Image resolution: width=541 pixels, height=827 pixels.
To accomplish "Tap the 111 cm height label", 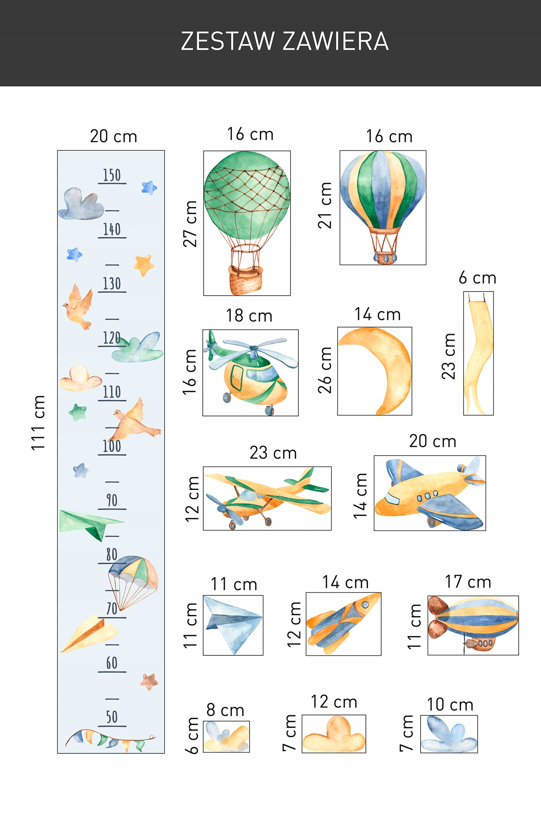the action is point(38,422).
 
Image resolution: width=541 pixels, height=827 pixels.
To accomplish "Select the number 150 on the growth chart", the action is point(112,175).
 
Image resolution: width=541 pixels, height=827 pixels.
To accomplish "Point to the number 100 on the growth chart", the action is point(112,446).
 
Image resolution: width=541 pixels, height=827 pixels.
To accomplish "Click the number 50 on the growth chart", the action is point(112,717).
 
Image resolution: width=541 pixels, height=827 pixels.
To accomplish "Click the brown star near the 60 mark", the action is point(149,681).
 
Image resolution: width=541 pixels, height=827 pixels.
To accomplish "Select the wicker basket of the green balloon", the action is point(246,280).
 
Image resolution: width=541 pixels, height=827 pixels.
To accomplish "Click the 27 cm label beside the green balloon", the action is point(190,224).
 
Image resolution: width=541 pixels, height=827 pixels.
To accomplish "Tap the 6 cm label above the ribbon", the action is point(477,278).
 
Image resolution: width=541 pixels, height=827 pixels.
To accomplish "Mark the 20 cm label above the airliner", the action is point(433,441).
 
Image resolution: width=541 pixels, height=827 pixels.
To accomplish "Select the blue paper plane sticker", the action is point(233,624).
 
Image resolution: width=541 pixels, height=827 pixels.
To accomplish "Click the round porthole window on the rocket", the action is point(365,605).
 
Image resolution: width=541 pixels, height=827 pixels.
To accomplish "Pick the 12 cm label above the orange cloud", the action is point(334,702).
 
